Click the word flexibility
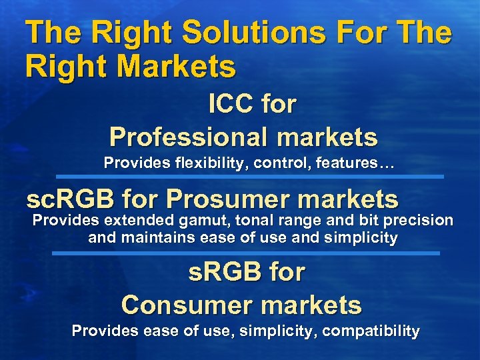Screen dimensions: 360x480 click(x=196, y=163)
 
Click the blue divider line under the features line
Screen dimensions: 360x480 click(x=249, y=176)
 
